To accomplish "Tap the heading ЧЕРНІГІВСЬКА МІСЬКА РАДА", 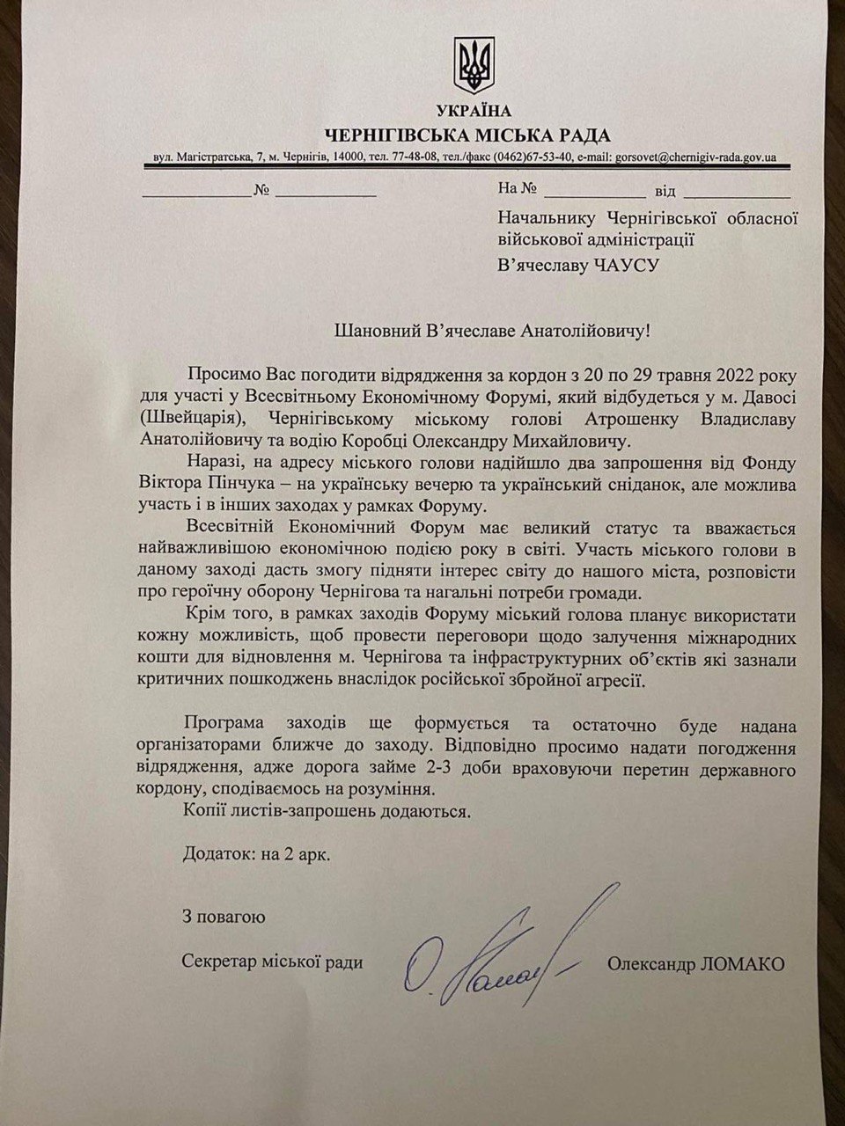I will [x=467, y=135].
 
